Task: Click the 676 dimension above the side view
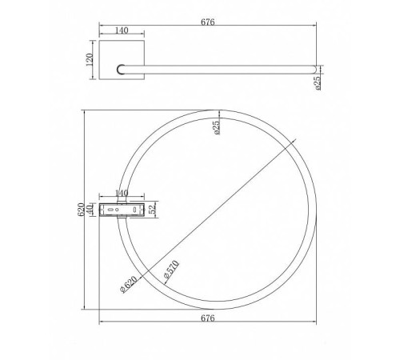pyautogui.click(x=207, y=22)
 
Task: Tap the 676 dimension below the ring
pyautogui.click(x=207, y=318)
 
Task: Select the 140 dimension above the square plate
pyautogui.click(x=122, y=30)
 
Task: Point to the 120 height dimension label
pyautogui.click(x=90, y=60)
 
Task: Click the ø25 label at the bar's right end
pyautogui.click(x=318, y=83)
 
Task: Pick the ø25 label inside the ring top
pyautogui.click(x=217, y=127)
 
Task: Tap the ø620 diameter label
pyautogui.click(x=129, y=284)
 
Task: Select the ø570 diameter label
pyautogui.click(x=171, y=270)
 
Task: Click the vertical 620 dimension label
pyautogui.click(x=81, y=210)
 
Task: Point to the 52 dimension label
pyautogui.click(x=152, y=210)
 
